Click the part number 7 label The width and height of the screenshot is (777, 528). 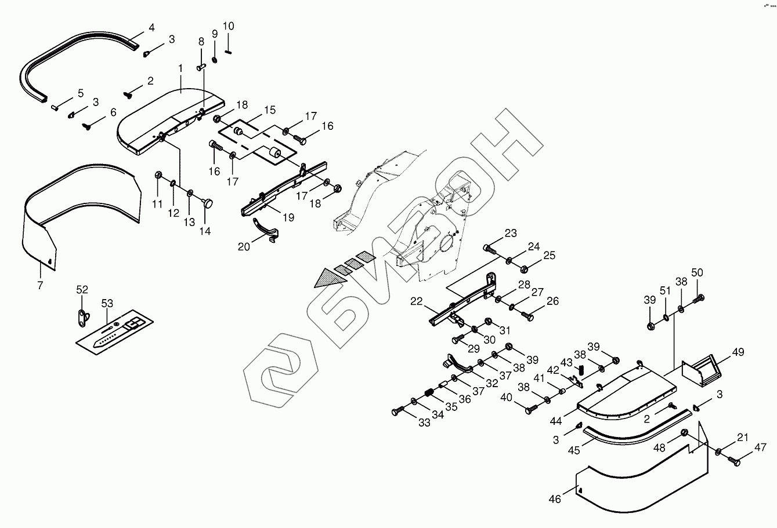40,285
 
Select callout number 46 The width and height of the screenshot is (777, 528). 555,499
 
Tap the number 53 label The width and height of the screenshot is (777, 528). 107,303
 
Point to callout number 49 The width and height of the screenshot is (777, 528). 738,352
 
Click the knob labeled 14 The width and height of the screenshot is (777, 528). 208,203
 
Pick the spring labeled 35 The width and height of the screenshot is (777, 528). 429,393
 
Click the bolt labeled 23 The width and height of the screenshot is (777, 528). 489,249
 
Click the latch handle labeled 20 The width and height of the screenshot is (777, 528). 265,230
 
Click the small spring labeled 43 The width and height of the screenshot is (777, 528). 581,370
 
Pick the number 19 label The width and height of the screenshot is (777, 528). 288,217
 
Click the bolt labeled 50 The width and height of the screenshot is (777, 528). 699,299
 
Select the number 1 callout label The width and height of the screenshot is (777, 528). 180,68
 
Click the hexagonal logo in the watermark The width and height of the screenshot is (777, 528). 281,370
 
